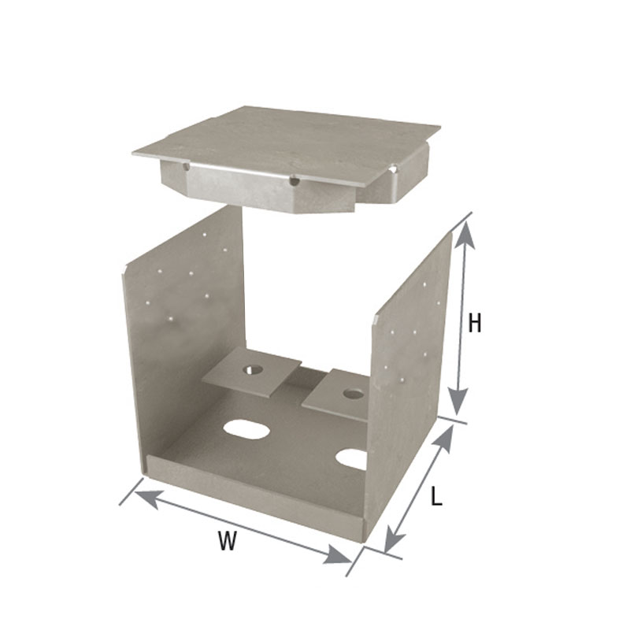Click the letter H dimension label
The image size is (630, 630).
tap(473, 323)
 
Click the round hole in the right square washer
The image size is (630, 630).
tap(354, 392)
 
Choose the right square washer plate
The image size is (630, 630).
tap(335, 398)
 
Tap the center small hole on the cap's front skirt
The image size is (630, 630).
tap(294, 182)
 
